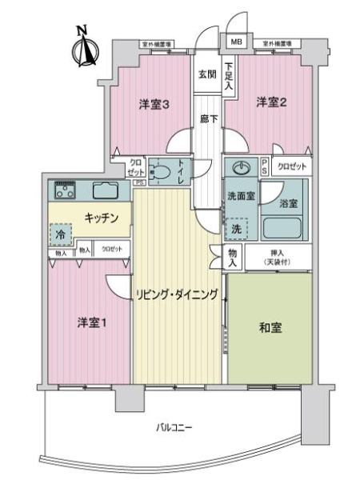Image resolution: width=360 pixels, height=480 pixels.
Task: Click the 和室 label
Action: tap(270, 328)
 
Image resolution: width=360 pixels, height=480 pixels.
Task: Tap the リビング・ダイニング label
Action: tap(178, 294)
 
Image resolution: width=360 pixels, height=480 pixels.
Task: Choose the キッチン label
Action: tap(102, 217)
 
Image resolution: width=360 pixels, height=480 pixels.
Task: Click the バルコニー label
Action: tap(174, 429)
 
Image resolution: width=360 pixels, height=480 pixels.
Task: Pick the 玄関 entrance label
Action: tap(206, 74)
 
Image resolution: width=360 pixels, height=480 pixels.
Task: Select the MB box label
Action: tap(238, 42)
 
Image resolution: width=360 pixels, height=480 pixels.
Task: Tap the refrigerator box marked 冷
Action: tap(61, 235)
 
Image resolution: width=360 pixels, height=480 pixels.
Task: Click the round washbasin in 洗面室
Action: tap(240, 168)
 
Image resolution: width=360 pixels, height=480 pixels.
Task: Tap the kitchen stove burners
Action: tap(65, 190)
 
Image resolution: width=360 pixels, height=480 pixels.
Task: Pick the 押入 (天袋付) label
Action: tap(278, 256)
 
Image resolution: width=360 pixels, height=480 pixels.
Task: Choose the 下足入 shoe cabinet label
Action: tap(230, 76)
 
